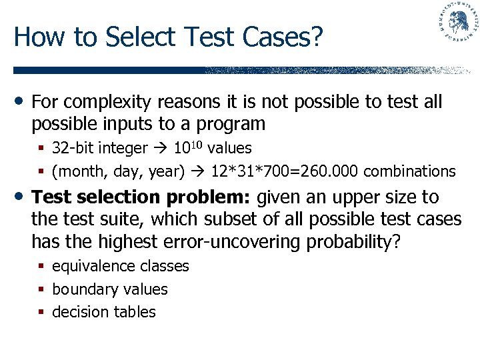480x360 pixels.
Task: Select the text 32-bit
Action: pos(72,147)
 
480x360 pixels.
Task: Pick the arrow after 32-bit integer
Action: pos(161,147)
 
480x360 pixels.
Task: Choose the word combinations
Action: pos(410,171)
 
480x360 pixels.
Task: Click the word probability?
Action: pos(353,241)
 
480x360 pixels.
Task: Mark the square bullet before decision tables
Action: pos(41,312)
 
